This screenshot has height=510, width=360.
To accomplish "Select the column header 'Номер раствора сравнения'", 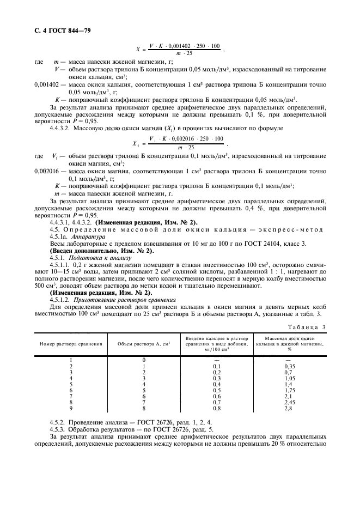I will (x=71, y=344).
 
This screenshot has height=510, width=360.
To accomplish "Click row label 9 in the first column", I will (x=71, y=408).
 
